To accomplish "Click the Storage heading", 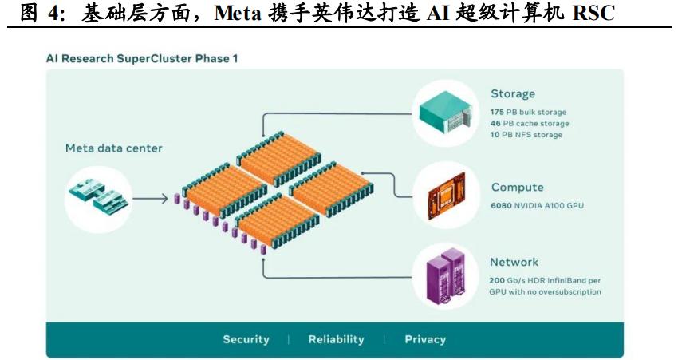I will pos(512,94).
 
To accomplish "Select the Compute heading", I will pos(517,188).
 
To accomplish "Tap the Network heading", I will pos(514,262).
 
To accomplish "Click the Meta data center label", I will pos(113,148).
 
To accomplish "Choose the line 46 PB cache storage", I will pos(530,124).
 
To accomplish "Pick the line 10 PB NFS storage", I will pos(526,135).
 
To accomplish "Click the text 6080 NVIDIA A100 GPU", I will pos(537,206).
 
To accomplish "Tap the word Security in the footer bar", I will pos(246,339).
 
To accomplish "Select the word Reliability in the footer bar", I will pos(336,339).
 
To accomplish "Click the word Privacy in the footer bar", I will pos(424,339).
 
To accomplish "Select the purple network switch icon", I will pos(446,275).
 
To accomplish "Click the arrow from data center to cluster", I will pos(152,197).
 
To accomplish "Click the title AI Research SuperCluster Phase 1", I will pos(142,58).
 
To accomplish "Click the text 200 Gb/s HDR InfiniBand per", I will pos(543,281).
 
